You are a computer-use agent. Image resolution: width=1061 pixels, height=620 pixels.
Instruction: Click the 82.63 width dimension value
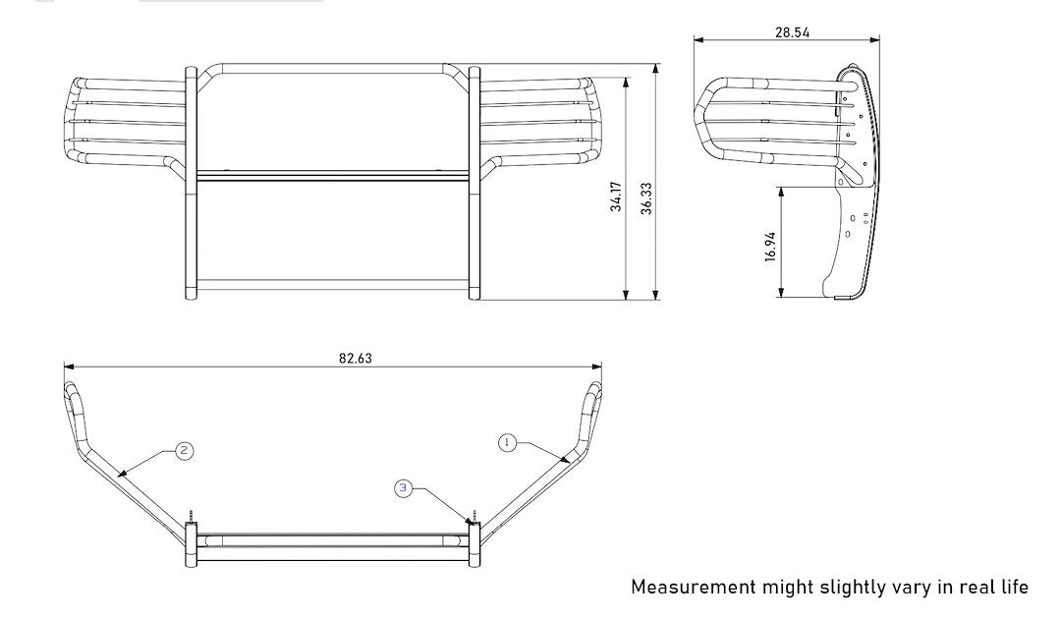(x=356, y=358)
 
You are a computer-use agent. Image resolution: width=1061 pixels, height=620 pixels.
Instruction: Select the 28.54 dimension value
(x=793, y=31)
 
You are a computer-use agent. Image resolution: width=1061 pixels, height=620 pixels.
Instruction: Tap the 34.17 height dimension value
(x=616, y=197)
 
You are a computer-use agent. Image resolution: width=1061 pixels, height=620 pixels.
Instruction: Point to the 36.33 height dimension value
(x=646, y=198)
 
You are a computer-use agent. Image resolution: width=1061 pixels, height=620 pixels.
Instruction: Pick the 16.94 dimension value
(x=770, y=247)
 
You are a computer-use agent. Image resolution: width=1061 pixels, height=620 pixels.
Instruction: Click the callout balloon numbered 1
(x=508, y=443)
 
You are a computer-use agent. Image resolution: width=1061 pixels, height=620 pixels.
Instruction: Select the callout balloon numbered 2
(x=184, y=451)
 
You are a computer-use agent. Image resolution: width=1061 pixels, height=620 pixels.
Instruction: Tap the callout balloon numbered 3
(x=404, y=488)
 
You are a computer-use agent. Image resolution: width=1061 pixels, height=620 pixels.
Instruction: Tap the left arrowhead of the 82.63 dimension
(x=69, y=366)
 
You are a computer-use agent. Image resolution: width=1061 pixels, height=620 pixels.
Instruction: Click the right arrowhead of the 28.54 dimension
(x=875, y=40)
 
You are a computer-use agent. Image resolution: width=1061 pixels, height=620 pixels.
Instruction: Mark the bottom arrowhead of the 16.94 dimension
(x=782, y=293)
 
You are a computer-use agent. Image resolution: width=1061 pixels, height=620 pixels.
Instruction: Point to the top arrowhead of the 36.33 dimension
(x=655, y=69)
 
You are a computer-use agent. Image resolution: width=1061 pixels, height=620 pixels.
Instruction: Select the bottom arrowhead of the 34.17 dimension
(x=626, y=295)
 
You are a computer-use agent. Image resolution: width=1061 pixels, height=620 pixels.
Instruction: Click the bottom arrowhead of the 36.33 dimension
(x=655, y=295)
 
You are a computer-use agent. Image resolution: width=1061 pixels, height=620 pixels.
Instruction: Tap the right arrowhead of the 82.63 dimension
(x=597, y=366)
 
